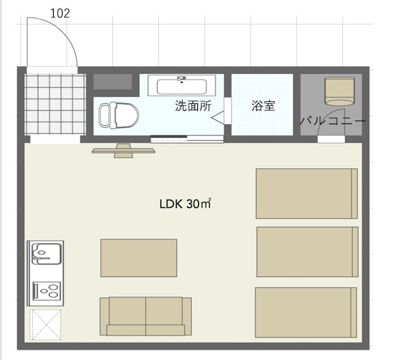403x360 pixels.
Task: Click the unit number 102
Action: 60,13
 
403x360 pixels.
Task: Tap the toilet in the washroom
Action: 119,115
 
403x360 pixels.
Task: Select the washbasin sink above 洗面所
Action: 182,85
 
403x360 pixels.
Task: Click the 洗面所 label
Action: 193,105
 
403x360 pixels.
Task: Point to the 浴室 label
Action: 264,105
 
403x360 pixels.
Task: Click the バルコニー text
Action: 333,121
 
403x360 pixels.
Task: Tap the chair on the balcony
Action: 340,91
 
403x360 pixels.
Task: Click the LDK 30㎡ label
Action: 185,204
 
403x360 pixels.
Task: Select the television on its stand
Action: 123,151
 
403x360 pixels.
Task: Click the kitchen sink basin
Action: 46,253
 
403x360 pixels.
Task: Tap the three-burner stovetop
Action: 47,291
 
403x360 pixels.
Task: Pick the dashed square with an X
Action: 45,324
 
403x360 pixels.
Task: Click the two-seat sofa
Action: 146,316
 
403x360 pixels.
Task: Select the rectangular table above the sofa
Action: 139,258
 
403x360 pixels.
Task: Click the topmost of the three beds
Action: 307,194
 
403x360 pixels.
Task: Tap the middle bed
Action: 307,252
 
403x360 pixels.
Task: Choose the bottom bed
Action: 306,313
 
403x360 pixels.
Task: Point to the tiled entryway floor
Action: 55,104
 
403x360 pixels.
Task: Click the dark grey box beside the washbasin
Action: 112,82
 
